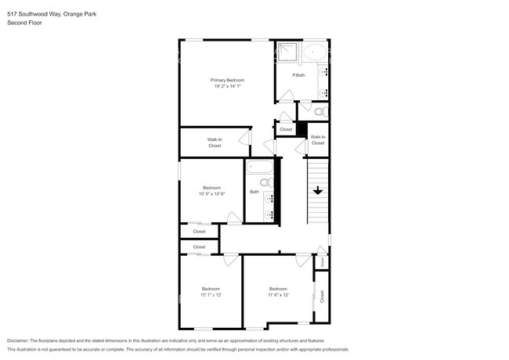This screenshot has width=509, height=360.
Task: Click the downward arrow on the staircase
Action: tap(318, 190)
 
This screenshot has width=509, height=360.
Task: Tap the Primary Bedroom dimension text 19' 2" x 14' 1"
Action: tap(227, 86)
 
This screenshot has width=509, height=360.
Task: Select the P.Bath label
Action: tap(298, 75)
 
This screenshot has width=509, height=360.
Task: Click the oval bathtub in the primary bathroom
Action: tap(316, 53)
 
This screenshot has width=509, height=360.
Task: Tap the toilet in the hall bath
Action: tap(265, 183)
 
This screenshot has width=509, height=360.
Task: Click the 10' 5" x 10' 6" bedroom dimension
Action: tap(211, 193)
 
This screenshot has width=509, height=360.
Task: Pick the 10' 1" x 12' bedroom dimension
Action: tap(211, 295)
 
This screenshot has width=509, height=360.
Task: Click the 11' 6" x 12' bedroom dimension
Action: tap(279, 295)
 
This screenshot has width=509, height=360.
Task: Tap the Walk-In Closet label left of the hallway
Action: tap(215, 142)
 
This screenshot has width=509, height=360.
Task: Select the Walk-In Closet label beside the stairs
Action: tap(318, 140)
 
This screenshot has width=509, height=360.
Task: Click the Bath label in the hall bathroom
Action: tap(254, 192)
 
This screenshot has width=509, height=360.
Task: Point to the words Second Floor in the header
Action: tap(24, 23)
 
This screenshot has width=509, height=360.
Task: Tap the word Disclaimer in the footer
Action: tap(22, 341)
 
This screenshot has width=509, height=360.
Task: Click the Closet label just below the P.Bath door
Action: tap(286, 129)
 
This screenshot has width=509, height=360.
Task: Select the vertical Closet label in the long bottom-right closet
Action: tap(321, 297)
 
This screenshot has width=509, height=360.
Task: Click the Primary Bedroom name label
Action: tap(227, 80)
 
